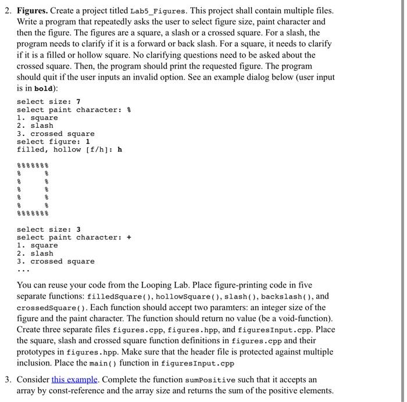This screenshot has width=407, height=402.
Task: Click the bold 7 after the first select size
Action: coord(78,102)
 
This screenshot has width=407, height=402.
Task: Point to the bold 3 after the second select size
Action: coord(78,229)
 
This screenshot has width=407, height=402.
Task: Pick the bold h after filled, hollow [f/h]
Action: coord(120,150)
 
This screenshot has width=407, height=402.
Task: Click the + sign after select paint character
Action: coord(129,238)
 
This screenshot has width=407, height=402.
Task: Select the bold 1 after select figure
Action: coord(88,142)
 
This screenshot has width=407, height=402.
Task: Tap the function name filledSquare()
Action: coord(123,297)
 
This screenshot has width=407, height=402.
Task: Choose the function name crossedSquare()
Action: coord(49,308)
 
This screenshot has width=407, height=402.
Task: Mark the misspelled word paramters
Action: coord(227,308)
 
